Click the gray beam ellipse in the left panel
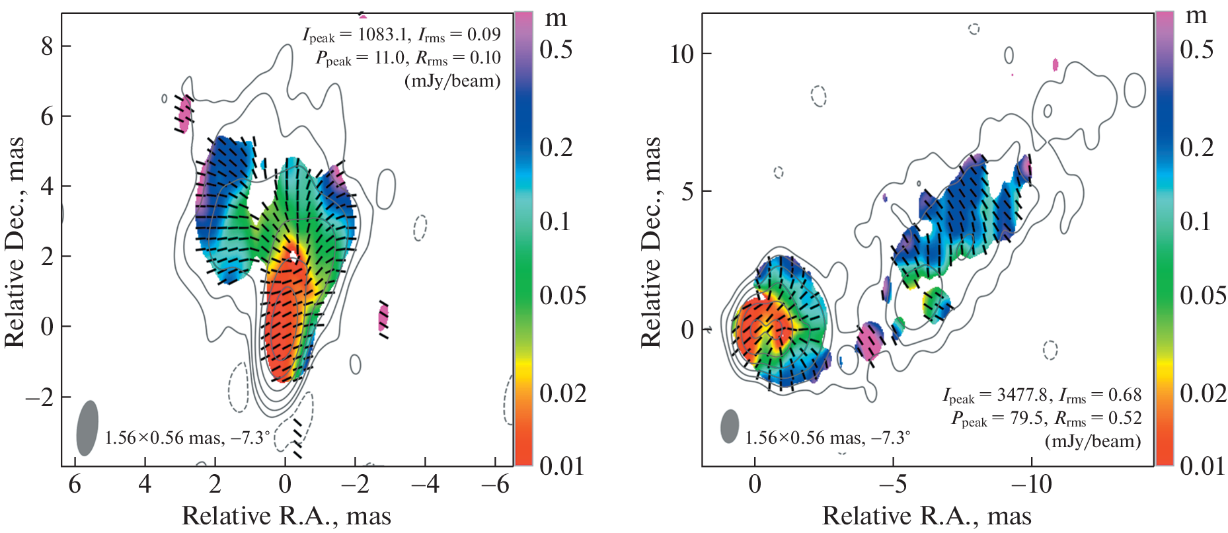pyautogui.click(x=87, y=428)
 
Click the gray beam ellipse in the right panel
pyautogui.click(x=729, y=427)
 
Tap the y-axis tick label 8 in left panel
pyautogui.click(x=46, y=46)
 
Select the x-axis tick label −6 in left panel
pyautogui.click(x=495, y=485)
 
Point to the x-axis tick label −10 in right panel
pyautogui.click(x=1031, y=485)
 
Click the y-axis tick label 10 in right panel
pyautogui.click(x=681, y=54)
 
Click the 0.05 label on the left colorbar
pyautogui.click(x=562, y=296)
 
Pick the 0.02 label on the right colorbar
pyautogui.click(x=1203, y=393)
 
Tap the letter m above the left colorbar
pyautogui.click(x=556, y=18)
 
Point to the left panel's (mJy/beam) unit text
pyautogui.click(x=452, y=81)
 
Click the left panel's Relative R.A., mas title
pyautogui.click(x=286, y=516)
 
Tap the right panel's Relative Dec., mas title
pyautogui.click(x=651, y=242)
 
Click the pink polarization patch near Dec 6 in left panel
pyautogui.click(x=184, y=114)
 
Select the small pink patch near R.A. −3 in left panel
pyautogui.click(x=383, y=318)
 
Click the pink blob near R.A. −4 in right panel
pyautogui.click(x=869, y=341)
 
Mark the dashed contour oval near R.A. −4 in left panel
pyautogui.click(x=420, y=228)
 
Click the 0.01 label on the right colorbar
pyautogui.click(x=1203, y=466)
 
